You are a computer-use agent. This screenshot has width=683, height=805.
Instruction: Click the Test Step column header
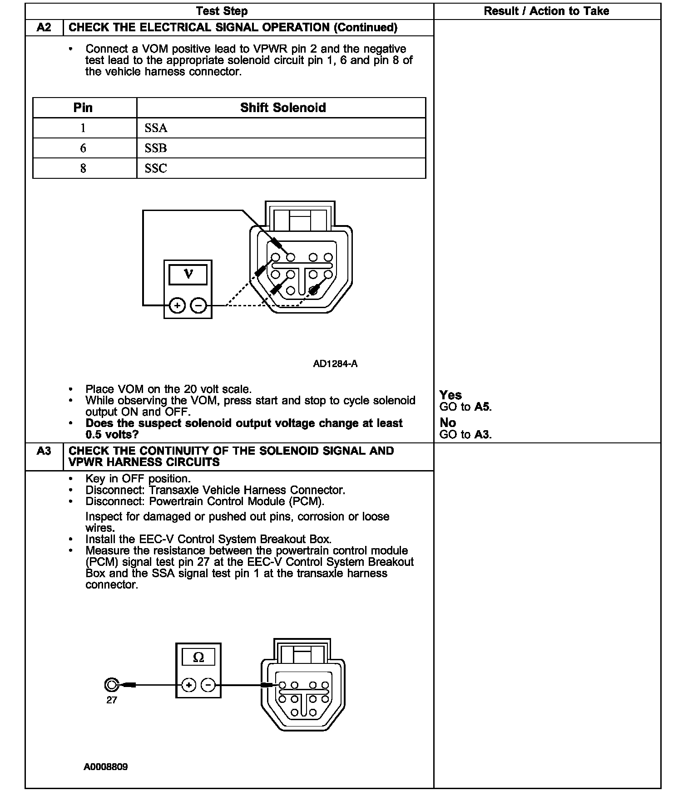(222, 11)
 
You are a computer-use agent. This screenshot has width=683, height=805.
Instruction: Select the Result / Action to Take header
(546, 11)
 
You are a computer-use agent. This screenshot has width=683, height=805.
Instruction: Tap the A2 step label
(44, 28)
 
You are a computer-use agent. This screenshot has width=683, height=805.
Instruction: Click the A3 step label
(44, 451)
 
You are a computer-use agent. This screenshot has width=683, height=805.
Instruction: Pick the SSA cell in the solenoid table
(156, 128)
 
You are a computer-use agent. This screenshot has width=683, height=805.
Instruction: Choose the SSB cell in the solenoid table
(156, 148)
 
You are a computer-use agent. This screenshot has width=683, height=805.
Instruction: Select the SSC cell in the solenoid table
(156, 168)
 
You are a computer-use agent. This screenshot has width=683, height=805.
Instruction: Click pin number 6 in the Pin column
(83, 148)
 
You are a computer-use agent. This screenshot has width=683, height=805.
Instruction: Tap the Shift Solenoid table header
(282, 108)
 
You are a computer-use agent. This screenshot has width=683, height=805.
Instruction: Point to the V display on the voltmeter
(188, 275)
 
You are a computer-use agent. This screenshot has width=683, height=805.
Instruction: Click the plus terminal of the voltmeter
(177, 306)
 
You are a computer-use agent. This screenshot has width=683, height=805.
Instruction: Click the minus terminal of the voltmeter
(198, 306)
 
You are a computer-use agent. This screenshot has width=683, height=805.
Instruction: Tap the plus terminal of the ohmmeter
(188, 685)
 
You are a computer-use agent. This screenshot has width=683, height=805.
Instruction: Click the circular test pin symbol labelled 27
(111, 685)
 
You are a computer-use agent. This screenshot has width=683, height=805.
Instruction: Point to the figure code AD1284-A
(335, 364)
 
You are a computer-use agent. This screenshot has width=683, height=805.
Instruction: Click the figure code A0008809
(106, 767)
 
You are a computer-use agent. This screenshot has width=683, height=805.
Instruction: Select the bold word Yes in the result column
(450, 395)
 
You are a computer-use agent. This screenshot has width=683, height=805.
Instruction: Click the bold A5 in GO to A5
(482, 407)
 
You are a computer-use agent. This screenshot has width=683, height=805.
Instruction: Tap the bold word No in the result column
(448, 423)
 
